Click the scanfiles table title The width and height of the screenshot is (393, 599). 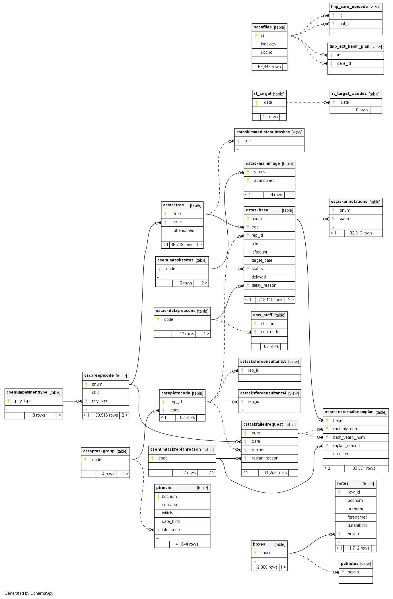coord(263,27)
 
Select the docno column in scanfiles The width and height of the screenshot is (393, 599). coord(266,52)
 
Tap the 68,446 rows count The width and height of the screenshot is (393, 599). coord(269,67)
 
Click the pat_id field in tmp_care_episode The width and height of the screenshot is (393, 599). coord(345,24)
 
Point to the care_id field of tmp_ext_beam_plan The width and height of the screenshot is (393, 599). coord(344,63)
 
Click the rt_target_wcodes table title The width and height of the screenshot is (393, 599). coord(349,94)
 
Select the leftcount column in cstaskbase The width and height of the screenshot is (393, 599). coord(259,252)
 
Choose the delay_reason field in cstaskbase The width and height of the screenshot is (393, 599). coord(264,285)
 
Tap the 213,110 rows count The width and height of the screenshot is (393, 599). coord(271,300)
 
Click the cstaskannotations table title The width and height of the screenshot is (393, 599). coord(349,202)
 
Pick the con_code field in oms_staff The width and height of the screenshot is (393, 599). coord(270,332)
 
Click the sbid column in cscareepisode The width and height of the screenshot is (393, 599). coord(96,392)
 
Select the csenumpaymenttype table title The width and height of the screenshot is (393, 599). coord(27,392)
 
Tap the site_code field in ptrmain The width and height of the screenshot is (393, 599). coord(171,530)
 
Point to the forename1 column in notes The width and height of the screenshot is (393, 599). coord(357,517)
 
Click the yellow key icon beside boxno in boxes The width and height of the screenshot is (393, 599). coord(255,553)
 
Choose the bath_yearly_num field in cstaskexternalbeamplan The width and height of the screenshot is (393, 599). coord(349,437)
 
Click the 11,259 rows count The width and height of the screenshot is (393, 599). coord(275,473)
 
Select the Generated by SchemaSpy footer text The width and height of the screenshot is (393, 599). coord(29,593)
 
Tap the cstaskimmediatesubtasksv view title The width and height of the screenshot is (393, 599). coord(263,132)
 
